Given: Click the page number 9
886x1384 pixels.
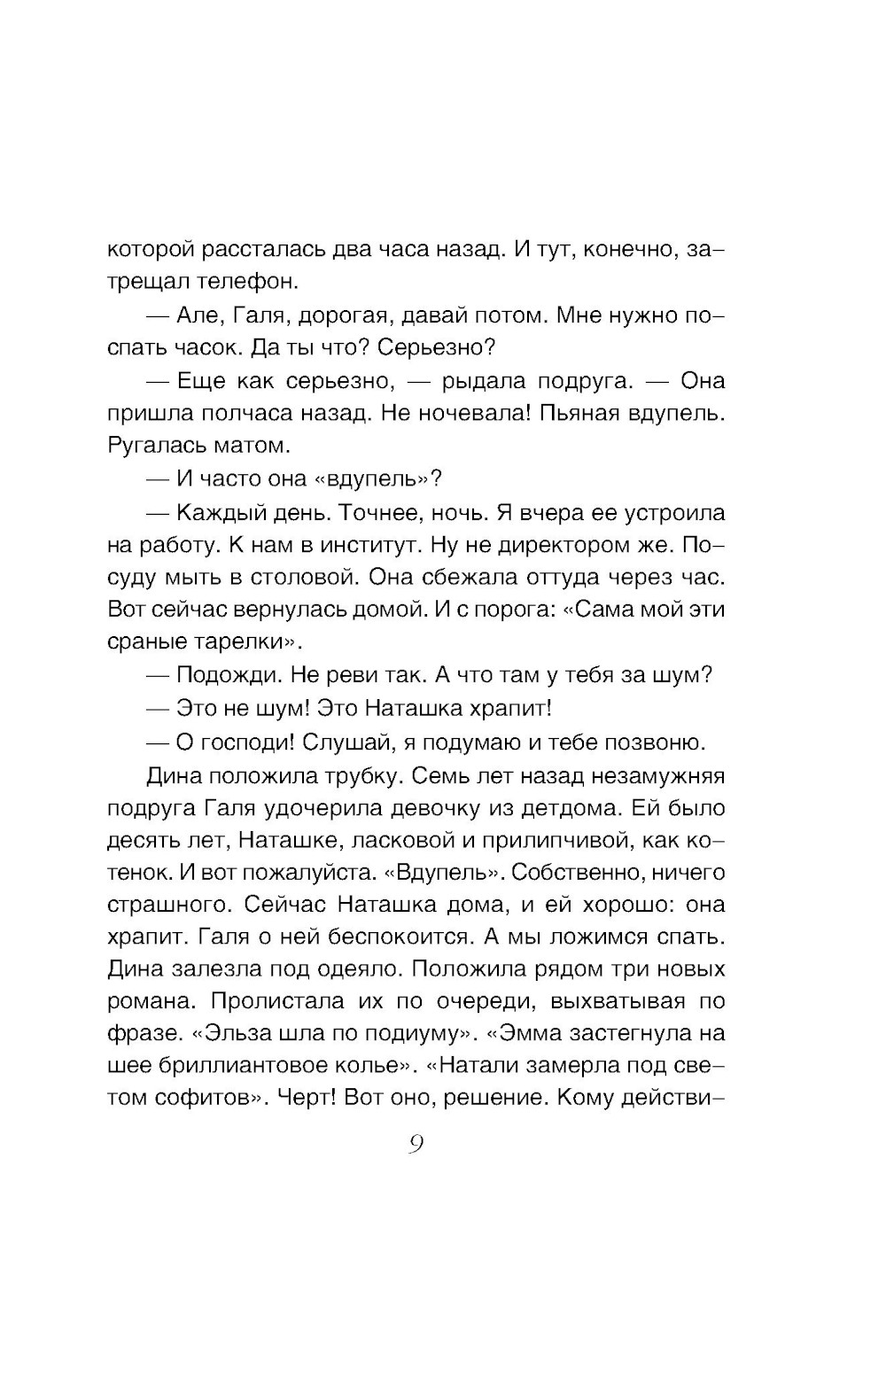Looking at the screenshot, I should click(416, 1145).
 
